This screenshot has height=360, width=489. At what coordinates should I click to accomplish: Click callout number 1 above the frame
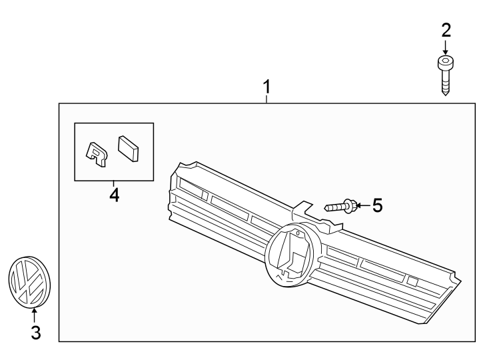point(266,87)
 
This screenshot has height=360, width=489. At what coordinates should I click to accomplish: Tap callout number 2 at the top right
point(446,30)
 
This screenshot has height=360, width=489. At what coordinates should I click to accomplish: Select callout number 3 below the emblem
point(35,331)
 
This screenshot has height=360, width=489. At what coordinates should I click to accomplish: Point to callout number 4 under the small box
point(114,195)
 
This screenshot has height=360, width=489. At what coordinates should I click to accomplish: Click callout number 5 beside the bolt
point(377,205)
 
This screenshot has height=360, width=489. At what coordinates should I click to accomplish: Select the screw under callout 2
point(446,76)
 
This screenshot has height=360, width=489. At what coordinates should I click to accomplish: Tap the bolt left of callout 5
point(342,207)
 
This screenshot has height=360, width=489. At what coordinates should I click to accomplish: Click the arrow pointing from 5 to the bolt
point(362,206)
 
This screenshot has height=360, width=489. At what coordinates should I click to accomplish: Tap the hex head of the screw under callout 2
point(446,63)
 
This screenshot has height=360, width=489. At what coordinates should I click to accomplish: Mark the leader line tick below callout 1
point(266,99)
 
